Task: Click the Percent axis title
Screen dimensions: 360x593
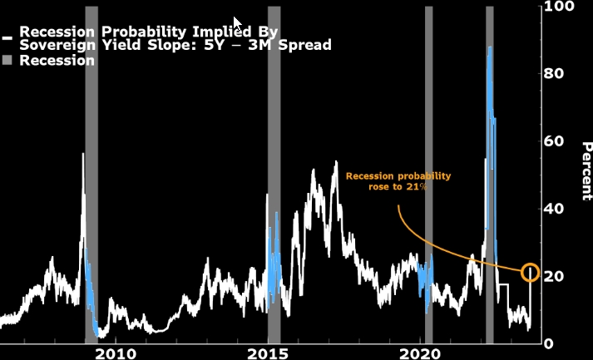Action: click(x=586, y=170)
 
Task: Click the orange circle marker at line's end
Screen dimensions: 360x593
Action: click(x=531, y=272)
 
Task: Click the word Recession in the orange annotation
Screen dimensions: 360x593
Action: click(x=374, y=176)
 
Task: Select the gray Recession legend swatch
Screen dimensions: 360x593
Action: click(x=7, y=61)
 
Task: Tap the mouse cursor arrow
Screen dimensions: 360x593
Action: click(x=237, y=22)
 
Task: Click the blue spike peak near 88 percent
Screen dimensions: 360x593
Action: click(x=490, y=47)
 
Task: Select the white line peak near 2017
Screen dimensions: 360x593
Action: click(x=336, y=161)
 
